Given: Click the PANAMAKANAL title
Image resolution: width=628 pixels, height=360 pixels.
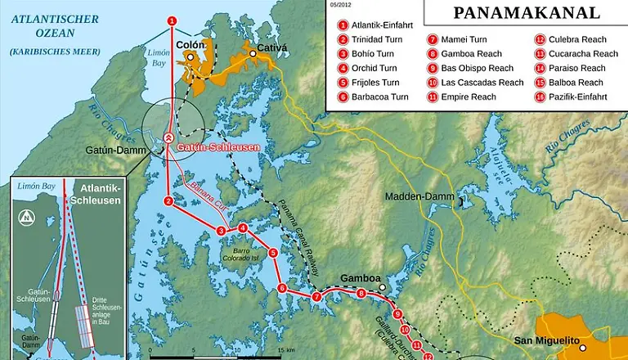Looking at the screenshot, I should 526,13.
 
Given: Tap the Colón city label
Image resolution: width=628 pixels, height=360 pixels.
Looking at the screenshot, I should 189,45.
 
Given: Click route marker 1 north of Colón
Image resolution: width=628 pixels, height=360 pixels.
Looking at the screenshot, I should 171,20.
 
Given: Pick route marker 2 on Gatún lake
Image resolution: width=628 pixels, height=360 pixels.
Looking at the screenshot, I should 168,200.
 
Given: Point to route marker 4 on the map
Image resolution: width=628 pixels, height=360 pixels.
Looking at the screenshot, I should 242,228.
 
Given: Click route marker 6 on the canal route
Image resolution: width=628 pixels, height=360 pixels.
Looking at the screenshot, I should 282,288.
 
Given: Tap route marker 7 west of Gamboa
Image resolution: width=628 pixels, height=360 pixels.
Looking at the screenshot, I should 316,296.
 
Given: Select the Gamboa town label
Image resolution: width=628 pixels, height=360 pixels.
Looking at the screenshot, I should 361,278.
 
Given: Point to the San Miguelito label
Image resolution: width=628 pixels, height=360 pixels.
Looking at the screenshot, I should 546,340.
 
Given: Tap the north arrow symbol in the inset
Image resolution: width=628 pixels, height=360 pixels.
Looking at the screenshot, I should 26,217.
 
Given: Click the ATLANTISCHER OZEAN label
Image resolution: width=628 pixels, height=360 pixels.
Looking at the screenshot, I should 50,24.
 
